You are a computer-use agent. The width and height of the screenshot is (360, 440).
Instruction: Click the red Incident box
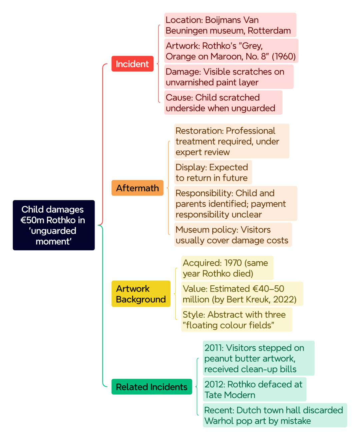click(x=132, y=64)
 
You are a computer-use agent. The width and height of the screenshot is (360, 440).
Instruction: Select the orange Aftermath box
click(x=137, y=188)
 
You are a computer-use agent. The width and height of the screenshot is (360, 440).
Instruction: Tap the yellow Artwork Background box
click(x=141, y=294)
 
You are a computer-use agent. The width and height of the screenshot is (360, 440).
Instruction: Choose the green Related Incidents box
click(x=152, y=387)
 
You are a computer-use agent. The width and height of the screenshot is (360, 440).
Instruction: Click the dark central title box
click(x=54, y=225)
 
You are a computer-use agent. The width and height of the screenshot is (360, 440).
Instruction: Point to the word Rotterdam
click(x=269, y=31)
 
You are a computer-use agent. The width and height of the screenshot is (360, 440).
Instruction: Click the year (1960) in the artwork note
click(x=283, y=57)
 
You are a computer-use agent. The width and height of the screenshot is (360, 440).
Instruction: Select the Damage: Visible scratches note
click(x=229, y=77)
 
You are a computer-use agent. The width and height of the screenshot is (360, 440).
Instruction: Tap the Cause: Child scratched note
click(x=223, y=102)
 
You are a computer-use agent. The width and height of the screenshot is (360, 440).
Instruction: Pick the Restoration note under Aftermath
click(x=232, y=141)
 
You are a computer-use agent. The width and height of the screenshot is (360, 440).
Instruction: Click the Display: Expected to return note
click(x=213, y=172)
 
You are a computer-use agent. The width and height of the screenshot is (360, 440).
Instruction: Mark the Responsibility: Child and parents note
click(x=236, y=203)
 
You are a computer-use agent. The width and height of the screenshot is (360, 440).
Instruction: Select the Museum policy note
click(x=233, y=234)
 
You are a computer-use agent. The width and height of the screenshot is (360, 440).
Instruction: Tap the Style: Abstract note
click(x=237, y=319)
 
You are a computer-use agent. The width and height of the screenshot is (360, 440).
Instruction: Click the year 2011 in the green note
click(x=214, y=348)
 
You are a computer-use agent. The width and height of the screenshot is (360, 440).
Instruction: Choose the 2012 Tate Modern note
click(x=255, y=389)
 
